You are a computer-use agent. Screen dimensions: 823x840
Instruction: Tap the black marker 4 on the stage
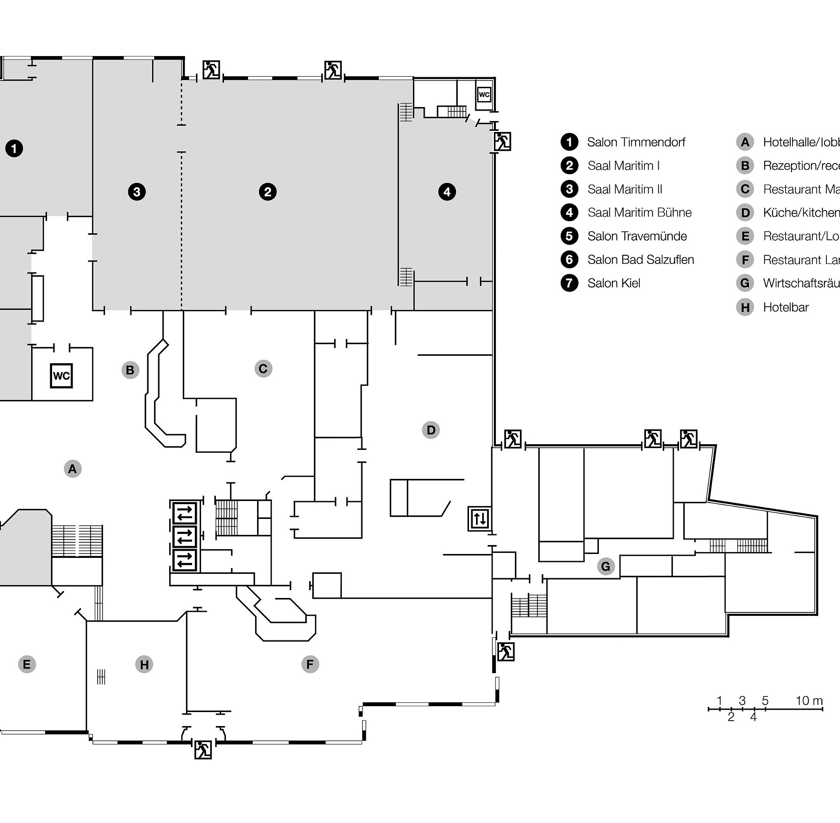point(446,192)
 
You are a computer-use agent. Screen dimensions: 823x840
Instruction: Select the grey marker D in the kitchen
point(430,430)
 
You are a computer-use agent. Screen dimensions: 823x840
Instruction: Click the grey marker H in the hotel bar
point(144,665)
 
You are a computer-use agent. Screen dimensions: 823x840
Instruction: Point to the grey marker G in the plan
point(605,566)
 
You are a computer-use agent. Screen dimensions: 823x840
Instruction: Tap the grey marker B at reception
point(130,370)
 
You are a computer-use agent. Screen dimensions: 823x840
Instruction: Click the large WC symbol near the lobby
point(61,376)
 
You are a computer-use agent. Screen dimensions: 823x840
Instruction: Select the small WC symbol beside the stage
point(484,94)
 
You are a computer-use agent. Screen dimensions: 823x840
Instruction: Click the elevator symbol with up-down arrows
point(480,518)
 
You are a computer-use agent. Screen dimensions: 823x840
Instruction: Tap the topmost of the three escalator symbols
point(184,513)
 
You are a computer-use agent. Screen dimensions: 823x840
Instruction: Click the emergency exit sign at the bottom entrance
point(203,750)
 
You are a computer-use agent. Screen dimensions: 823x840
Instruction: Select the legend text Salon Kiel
point(613,283)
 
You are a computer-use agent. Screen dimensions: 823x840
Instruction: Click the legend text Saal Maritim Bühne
point(639,213)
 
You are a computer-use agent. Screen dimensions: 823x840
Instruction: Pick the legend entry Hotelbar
point(786,307)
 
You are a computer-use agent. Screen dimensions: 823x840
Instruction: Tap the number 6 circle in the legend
point(569,260)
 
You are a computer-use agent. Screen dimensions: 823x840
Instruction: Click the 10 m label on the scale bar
point(809,701)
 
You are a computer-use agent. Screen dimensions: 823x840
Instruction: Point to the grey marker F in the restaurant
point(310,665)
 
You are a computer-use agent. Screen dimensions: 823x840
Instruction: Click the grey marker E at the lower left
point(27,665)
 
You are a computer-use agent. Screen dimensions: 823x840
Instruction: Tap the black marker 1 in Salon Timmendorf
point(14,149)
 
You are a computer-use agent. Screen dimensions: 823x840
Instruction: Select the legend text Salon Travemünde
point(637,236)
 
